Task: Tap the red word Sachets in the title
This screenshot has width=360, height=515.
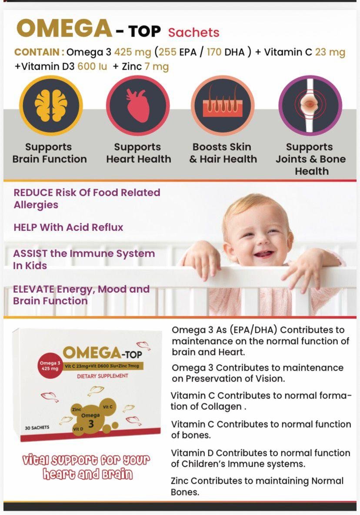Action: pyautogui.click(x=193, y=32)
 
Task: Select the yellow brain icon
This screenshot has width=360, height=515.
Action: pyautogui.click(x=51, y=106)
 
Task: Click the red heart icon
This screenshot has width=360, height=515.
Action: pyautogui.click(x=138, y=106)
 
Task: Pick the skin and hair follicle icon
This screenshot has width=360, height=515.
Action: pyautogui.click(x=223, y=106)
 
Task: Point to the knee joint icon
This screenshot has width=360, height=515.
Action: pyautogui.click(x=310, y=106)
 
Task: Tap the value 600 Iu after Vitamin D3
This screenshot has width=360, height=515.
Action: pyautogui.click(x=92, y=67)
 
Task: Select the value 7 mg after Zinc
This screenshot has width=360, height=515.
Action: pyautogui.click(x=157, y=67)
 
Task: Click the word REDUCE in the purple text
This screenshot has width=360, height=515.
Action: pyautogui.click(x=33, y=192)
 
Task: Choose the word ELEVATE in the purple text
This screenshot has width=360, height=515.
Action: pyautogui.click(x=33, y=289)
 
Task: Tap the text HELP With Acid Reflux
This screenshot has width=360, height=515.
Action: pyautogui.click(x=68, y=227)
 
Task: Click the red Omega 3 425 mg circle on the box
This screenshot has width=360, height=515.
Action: pyautogui.click(x=50, y=365)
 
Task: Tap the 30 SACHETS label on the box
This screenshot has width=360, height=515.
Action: pyautogui.click(x=37, y=428)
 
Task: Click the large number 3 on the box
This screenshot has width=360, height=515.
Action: pyautogui.click(x=91, y=424)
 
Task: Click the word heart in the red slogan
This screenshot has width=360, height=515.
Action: pyautogui.click(x=58, y=474)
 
